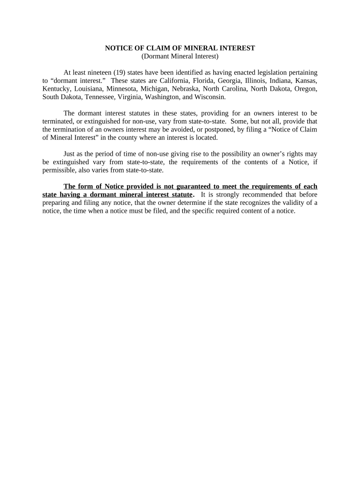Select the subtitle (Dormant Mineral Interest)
pyautogui.click(x=180, y=57)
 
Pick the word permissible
pyautogui.click(x=59, y=170)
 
